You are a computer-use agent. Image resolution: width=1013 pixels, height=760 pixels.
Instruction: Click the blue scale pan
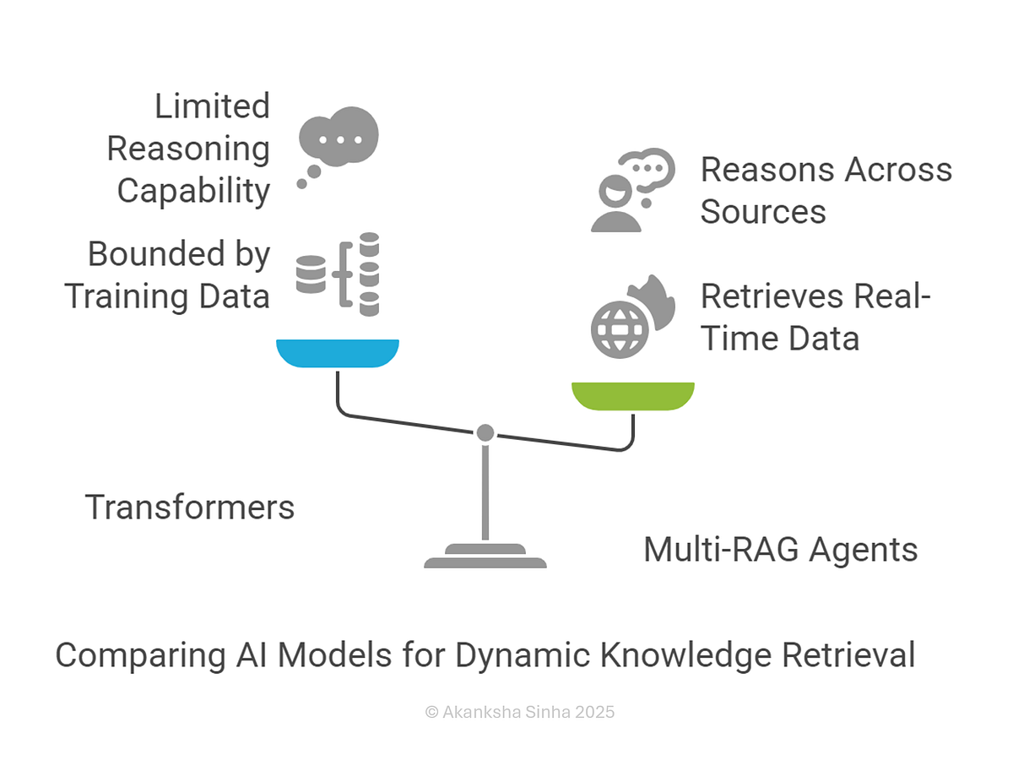click(x=338, y=352)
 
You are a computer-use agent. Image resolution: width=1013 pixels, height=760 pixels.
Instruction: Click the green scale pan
click(x=632, y=395)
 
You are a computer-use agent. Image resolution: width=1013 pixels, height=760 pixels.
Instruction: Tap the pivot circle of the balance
click(x=485, y=432)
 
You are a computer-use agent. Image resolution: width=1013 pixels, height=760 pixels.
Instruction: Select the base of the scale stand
click(x=485, y=556)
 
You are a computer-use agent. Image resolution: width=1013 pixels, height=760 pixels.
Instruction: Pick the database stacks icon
click(x=339, y=274)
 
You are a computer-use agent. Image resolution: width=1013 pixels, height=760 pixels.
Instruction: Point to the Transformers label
click(x=190, y=508)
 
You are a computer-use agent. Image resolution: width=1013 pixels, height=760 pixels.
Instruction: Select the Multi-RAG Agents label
click(x=780, y=550)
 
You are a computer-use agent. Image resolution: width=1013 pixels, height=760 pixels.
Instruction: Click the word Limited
click(x=212, y=106)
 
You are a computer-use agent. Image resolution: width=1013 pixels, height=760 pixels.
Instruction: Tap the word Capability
click(x=193, y=191)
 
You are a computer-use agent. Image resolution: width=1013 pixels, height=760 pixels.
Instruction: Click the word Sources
click(x=763, y=212)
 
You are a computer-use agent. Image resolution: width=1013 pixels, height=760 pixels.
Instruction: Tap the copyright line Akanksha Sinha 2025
click(x=520, y=712)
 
